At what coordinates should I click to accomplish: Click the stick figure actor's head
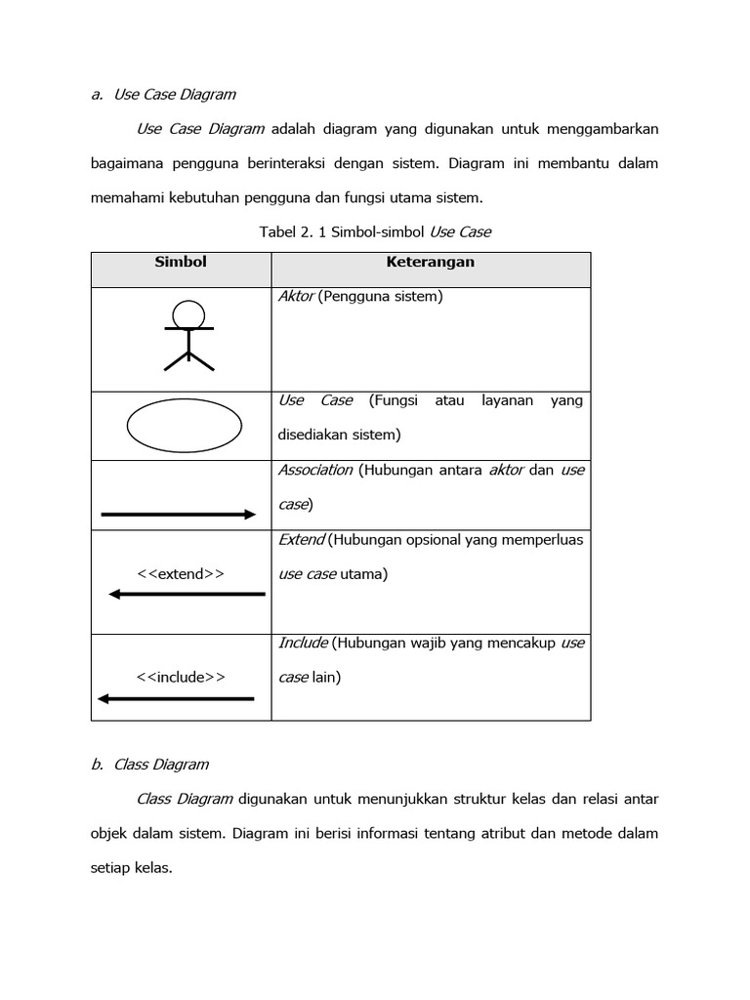(188, 313)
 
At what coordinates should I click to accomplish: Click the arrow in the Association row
(179, 514)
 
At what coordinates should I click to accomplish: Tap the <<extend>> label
(181, 573)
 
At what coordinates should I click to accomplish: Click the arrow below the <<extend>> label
(187, 594)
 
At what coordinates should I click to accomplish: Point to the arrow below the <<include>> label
(176, 697)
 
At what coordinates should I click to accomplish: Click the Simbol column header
(181, 263)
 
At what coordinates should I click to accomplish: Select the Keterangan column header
(430, 263)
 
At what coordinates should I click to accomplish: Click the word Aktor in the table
(296, 296)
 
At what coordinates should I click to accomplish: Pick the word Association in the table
(315, 470)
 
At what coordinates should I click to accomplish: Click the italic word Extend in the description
(302, 539)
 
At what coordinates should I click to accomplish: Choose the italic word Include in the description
(303, 643)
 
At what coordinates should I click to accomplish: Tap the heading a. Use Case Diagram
(163, 95)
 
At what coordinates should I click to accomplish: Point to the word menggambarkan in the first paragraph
(599, 128)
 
